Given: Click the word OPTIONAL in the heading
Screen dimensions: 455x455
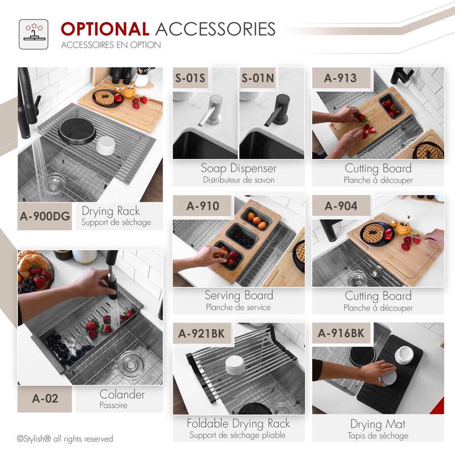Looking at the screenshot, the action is tap(105, 29).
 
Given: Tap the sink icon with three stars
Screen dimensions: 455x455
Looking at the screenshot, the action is tap(34, 34).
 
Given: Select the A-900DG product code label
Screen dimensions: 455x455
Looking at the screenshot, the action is tap(45, 216).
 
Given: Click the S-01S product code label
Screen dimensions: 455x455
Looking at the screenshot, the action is tap(190, 78).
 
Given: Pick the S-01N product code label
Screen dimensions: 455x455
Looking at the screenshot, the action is tap(258, 78).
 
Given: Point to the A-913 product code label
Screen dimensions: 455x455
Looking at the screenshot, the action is tap(340, 78).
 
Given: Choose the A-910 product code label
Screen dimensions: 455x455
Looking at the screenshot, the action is tap(202, 206).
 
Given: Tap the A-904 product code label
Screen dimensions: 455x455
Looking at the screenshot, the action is tap(341, 206).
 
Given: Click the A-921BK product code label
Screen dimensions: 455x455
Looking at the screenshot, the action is tap(202, 333).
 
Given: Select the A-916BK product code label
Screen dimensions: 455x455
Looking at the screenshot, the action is tap(341, 333).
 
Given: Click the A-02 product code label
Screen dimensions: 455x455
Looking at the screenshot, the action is tap(45, 399).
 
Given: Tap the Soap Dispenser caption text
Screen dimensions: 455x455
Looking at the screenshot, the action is tap(238, 168).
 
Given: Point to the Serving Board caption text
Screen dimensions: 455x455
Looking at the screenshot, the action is tap(239, 296).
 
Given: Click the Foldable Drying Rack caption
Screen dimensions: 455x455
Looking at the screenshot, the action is tap(238, 424).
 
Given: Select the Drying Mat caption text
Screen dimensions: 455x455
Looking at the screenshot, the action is tap(378, 424).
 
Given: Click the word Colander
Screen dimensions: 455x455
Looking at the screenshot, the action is tap(122, 394).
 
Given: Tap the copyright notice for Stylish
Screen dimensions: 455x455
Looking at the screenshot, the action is tap(65, 439).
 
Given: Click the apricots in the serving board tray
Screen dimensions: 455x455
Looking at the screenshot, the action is tap(257, 220).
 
